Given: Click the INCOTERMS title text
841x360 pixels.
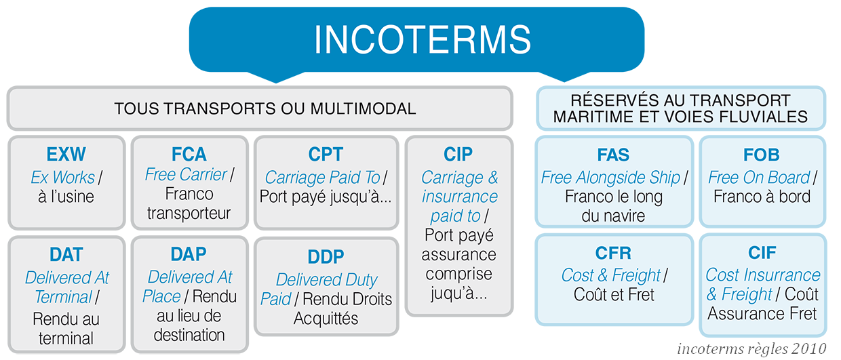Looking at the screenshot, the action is pos(423,39).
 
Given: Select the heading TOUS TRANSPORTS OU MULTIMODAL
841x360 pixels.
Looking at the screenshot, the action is pos(265,108).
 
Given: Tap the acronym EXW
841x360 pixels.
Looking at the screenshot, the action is pos(66,155).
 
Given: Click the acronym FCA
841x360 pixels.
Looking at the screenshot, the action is pos(189,155).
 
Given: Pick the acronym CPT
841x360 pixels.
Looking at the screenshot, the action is pos(326,155).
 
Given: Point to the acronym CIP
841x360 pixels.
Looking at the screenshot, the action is pos(458,155).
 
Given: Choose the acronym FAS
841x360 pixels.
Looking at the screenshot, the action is pos(613,155).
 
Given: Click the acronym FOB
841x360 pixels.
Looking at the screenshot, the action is pos(762,155).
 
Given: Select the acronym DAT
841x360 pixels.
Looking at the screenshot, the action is pos(66,254).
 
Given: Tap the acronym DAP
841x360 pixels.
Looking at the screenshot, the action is pos(189,254).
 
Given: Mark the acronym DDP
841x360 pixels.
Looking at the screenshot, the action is pos(326,257).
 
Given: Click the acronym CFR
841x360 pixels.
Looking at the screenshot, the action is pos(613,253).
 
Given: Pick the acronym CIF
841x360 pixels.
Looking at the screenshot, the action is pos(762,253).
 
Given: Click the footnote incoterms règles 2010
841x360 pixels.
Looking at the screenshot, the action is pos(751,348).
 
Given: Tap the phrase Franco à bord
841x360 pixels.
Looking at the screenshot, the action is pos(762,197).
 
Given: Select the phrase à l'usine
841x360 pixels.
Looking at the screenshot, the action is pos(66,197).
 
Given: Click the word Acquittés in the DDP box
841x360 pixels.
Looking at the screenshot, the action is pos(326,319).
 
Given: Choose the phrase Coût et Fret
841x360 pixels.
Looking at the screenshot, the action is pos(614,294).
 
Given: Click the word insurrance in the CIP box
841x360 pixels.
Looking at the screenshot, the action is pos(460,197).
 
